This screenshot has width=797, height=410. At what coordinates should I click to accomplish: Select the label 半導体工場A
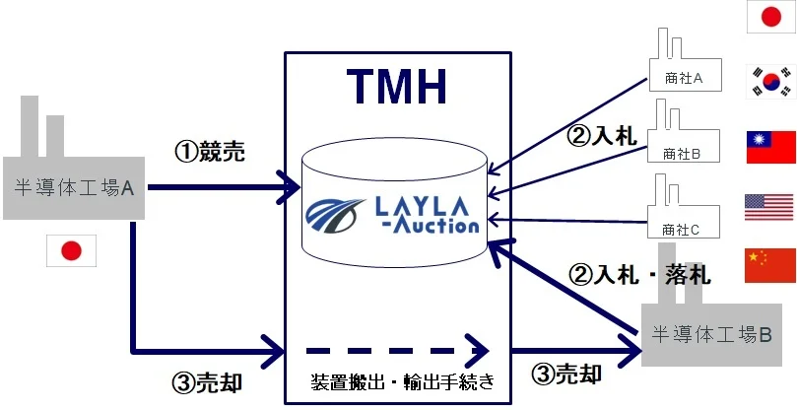(75, 186)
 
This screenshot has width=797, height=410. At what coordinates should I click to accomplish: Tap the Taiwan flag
(770, 146)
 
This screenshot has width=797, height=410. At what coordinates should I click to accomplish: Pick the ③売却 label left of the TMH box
(201, 383)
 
